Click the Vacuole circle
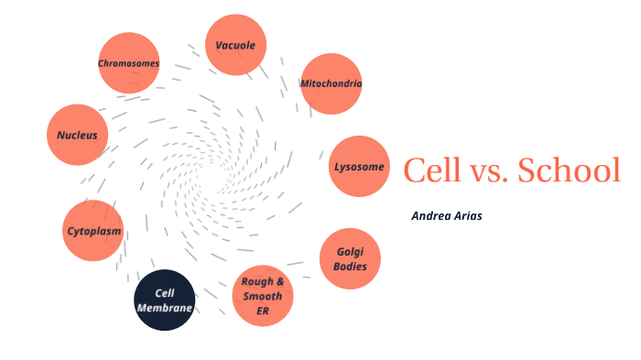[235, 45]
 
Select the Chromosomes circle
[129, 63]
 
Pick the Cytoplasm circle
[93, 231]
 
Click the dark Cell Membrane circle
[165, 300]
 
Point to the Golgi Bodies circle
[351, 258]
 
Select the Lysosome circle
[359, 167]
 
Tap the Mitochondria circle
[331, 83]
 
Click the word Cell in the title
[432, 169]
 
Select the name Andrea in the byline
[432, 216]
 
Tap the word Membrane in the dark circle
[165, 309]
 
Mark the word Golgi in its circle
[351, 251]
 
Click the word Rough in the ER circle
[256, 282]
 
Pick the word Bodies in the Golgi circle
[351, 267]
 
